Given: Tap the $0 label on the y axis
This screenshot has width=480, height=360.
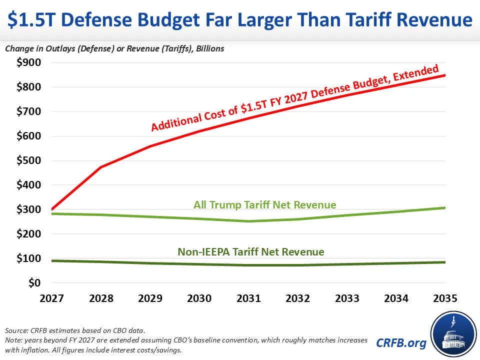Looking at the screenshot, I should (x=32, y=283).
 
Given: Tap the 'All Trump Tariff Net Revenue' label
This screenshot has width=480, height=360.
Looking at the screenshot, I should (x=264, y=204).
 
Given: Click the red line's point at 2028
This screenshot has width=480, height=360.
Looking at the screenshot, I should (x=101, y=167).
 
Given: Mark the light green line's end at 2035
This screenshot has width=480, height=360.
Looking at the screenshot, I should (x=445, y=207).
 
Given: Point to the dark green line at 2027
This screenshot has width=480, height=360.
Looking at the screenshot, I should (x=52, y=260).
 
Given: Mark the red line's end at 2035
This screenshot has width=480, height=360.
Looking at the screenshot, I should (x=445, y=75).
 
